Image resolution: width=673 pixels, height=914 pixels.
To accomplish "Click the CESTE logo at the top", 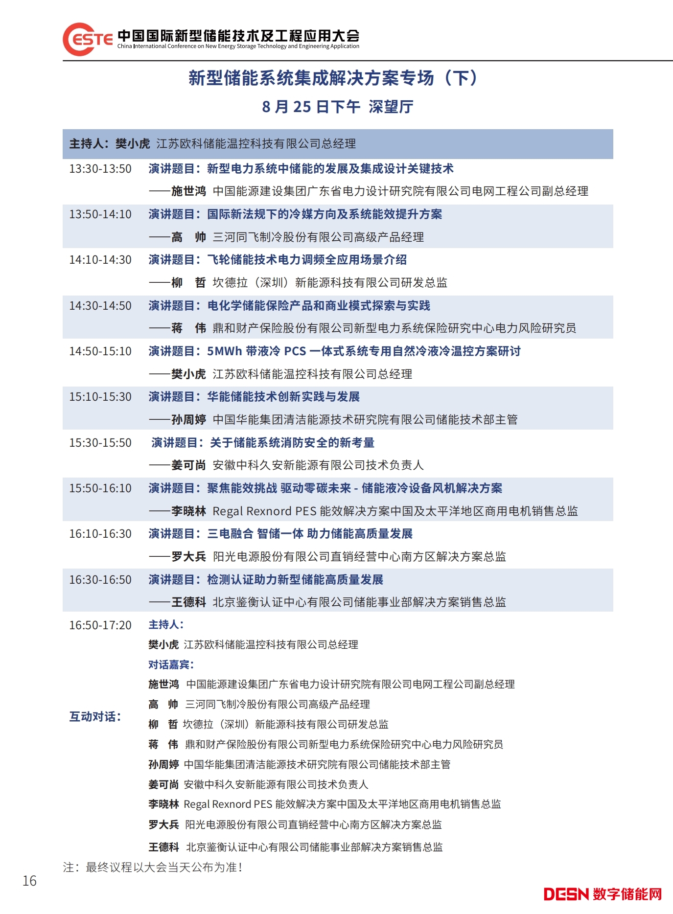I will coord(88,39).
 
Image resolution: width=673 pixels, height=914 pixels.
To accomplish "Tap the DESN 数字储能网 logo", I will coord(603,894).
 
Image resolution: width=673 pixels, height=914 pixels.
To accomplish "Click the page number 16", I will coord(29,881).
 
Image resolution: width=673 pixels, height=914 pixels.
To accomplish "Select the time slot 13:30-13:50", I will coord(100,169).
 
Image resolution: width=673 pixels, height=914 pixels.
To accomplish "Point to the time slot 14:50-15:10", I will coord(100,351).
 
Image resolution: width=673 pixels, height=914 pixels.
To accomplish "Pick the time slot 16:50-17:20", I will coord(100,625).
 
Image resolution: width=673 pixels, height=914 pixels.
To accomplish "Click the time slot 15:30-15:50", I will coord(100,443).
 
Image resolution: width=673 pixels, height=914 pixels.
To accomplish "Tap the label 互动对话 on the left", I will coord(95,717).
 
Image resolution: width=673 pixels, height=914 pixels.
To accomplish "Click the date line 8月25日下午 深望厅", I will coord(338,107).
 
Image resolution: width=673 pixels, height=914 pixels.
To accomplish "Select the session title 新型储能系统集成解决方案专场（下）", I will coord(333,78).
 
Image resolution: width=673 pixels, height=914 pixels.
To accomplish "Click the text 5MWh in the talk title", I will coord(225,351).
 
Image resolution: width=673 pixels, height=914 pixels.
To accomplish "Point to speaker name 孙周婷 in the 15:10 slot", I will coord(188,420).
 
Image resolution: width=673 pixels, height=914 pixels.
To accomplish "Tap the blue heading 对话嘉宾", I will coord(171,664).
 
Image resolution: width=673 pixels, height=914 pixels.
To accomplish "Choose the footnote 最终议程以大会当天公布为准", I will coord(164,868).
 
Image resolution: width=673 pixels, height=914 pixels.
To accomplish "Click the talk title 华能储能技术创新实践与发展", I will coord(283,397).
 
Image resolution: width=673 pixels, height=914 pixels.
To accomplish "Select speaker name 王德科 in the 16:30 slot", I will coord(188,602).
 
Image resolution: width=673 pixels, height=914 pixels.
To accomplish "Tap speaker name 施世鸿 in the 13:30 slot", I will coord(188,191).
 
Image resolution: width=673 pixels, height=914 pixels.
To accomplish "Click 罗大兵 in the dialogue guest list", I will coord(163,825).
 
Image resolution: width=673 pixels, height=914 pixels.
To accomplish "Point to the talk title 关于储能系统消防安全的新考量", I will coord(292,443).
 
